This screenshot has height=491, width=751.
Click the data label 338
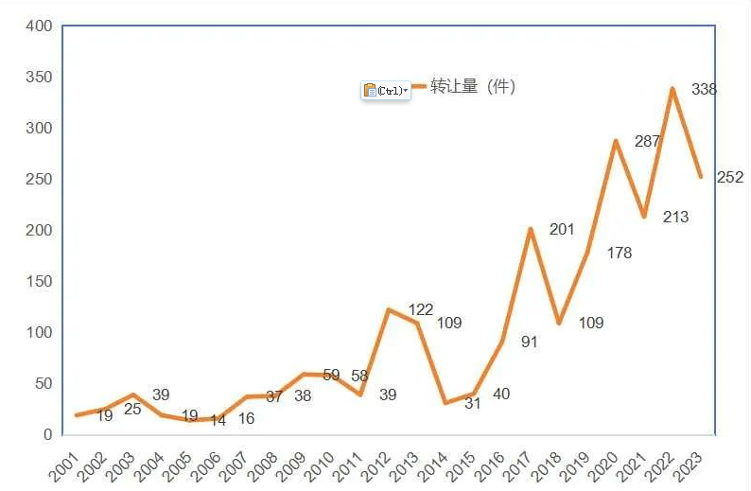[704, 90]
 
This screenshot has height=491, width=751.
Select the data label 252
[730, 177]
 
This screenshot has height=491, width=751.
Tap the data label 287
[647, 142]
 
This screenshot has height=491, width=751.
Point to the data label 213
[676, 217]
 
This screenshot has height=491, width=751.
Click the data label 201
[562, 229]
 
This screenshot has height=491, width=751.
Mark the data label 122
[420, 310]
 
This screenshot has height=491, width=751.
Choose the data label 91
[529, 342]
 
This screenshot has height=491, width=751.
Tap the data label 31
[472, 404]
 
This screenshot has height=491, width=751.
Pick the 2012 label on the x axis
[374, 465]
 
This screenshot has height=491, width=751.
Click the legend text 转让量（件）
[472, 87]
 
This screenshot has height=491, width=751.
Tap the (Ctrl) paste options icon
[385, 91]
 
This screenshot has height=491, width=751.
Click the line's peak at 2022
[672, 89]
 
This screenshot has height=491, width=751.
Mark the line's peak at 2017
[531, 229]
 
